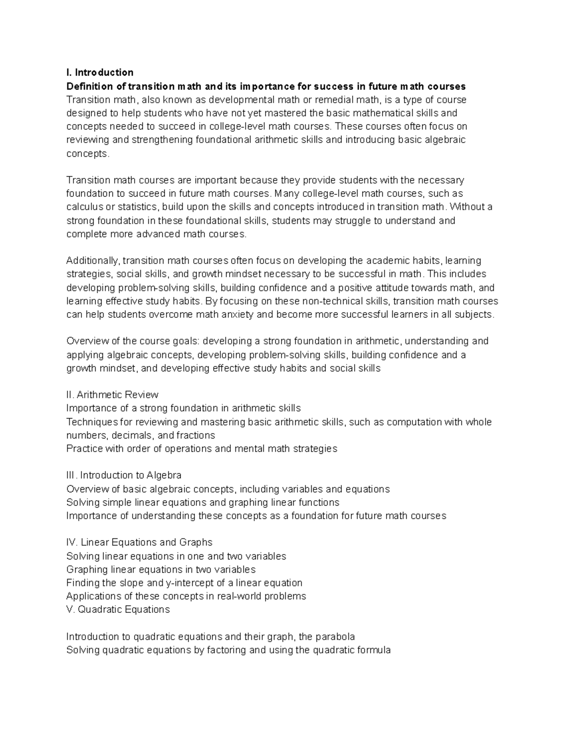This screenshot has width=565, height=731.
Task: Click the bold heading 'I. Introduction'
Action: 100,72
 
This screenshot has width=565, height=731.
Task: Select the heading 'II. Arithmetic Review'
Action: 113,395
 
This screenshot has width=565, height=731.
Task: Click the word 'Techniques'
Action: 92,422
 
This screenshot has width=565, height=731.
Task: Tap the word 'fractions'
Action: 195,435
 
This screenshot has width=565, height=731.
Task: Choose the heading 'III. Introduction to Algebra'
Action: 124,475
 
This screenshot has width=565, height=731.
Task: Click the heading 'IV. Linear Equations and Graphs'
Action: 139,542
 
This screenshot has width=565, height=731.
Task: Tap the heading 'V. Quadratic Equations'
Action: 118,610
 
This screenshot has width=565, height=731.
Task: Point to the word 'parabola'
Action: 335,637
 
